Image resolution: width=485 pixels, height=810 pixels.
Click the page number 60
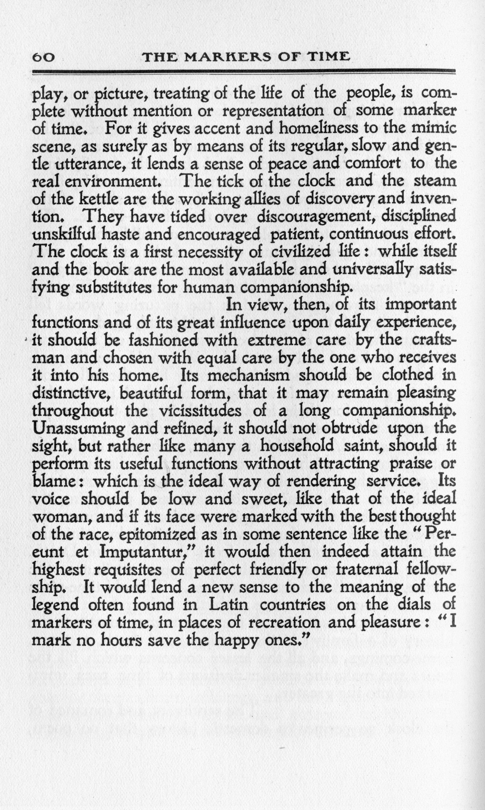click(x=43, y=58)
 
